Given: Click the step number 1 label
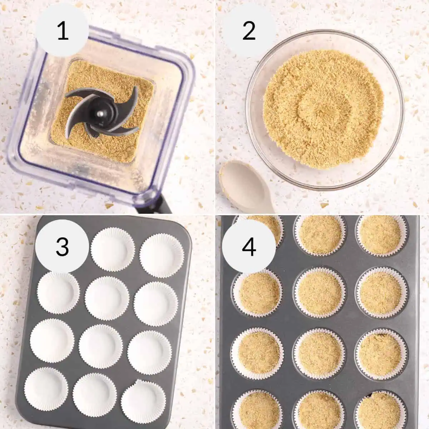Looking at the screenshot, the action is (63, 31).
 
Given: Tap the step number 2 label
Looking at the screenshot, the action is (249, 31).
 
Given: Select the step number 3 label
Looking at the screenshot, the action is (62, 247).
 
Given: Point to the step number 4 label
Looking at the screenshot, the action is (249, 247).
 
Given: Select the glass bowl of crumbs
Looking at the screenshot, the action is (324, 109).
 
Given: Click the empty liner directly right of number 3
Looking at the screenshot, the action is (113, 250).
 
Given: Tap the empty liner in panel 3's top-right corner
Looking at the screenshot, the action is (162, 255).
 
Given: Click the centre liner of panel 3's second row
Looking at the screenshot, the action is (107, 298).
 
